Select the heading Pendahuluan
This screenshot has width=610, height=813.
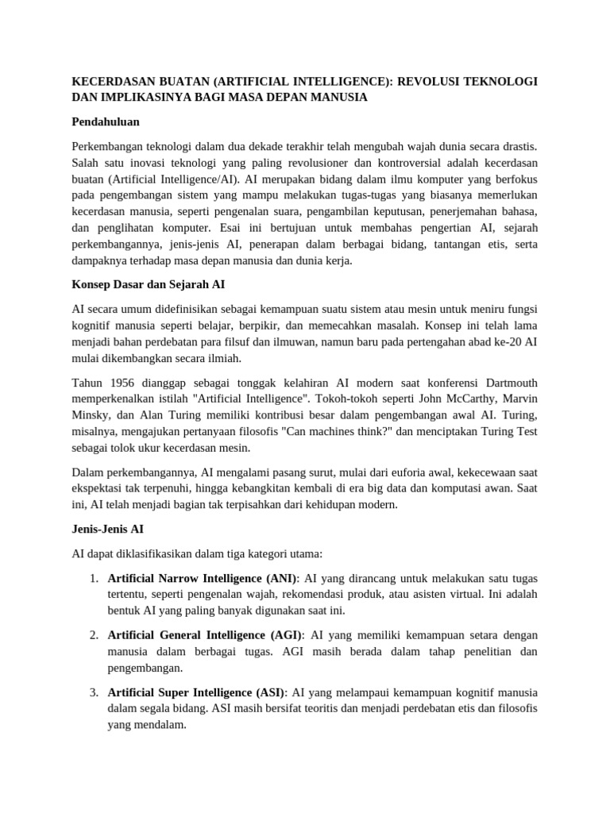point(106,122)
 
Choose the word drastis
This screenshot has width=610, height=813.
point(517,147)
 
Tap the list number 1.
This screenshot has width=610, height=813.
point(94,577)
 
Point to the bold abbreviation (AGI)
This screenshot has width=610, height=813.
point(284,635)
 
